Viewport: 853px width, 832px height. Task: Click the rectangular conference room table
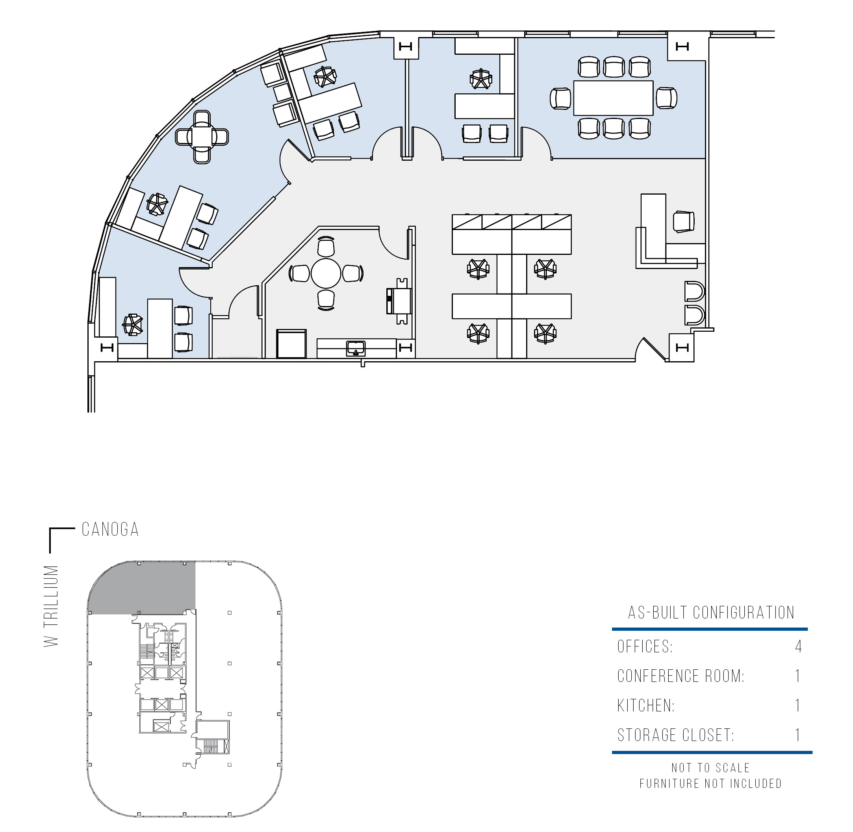[613, 98]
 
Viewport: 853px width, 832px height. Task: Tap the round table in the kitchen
[326, 273]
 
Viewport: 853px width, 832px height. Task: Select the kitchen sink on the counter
[356, 349]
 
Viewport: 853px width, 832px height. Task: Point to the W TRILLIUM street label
[52, 606]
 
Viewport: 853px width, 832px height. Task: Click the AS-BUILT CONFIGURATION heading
[711, 613]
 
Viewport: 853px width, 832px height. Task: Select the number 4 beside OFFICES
[798, 646]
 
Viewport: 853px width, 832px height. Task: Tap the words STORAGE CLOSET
[675, 735]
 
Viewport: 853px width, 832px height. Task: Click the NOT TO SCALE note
[710, 768]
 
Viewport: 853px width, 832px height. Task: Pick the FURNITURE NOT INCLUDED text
[710, 784]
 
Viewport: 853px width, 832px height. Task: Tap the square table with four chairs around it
[202, 137]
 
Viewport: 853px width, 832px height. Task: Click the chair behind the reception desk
[684, 221]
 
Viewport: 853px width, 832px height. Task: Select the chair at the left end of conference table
[560, 98]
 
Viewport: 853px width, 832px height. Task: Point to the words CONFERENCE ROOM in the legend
[681, 676]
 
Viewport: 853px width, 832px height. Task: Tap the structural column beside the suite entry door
[681, 348]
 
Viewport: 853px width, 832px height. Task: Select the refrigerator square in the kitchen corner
[291, 344]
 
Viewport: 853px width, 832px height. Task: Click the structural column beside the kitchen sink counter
[406, 348]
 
